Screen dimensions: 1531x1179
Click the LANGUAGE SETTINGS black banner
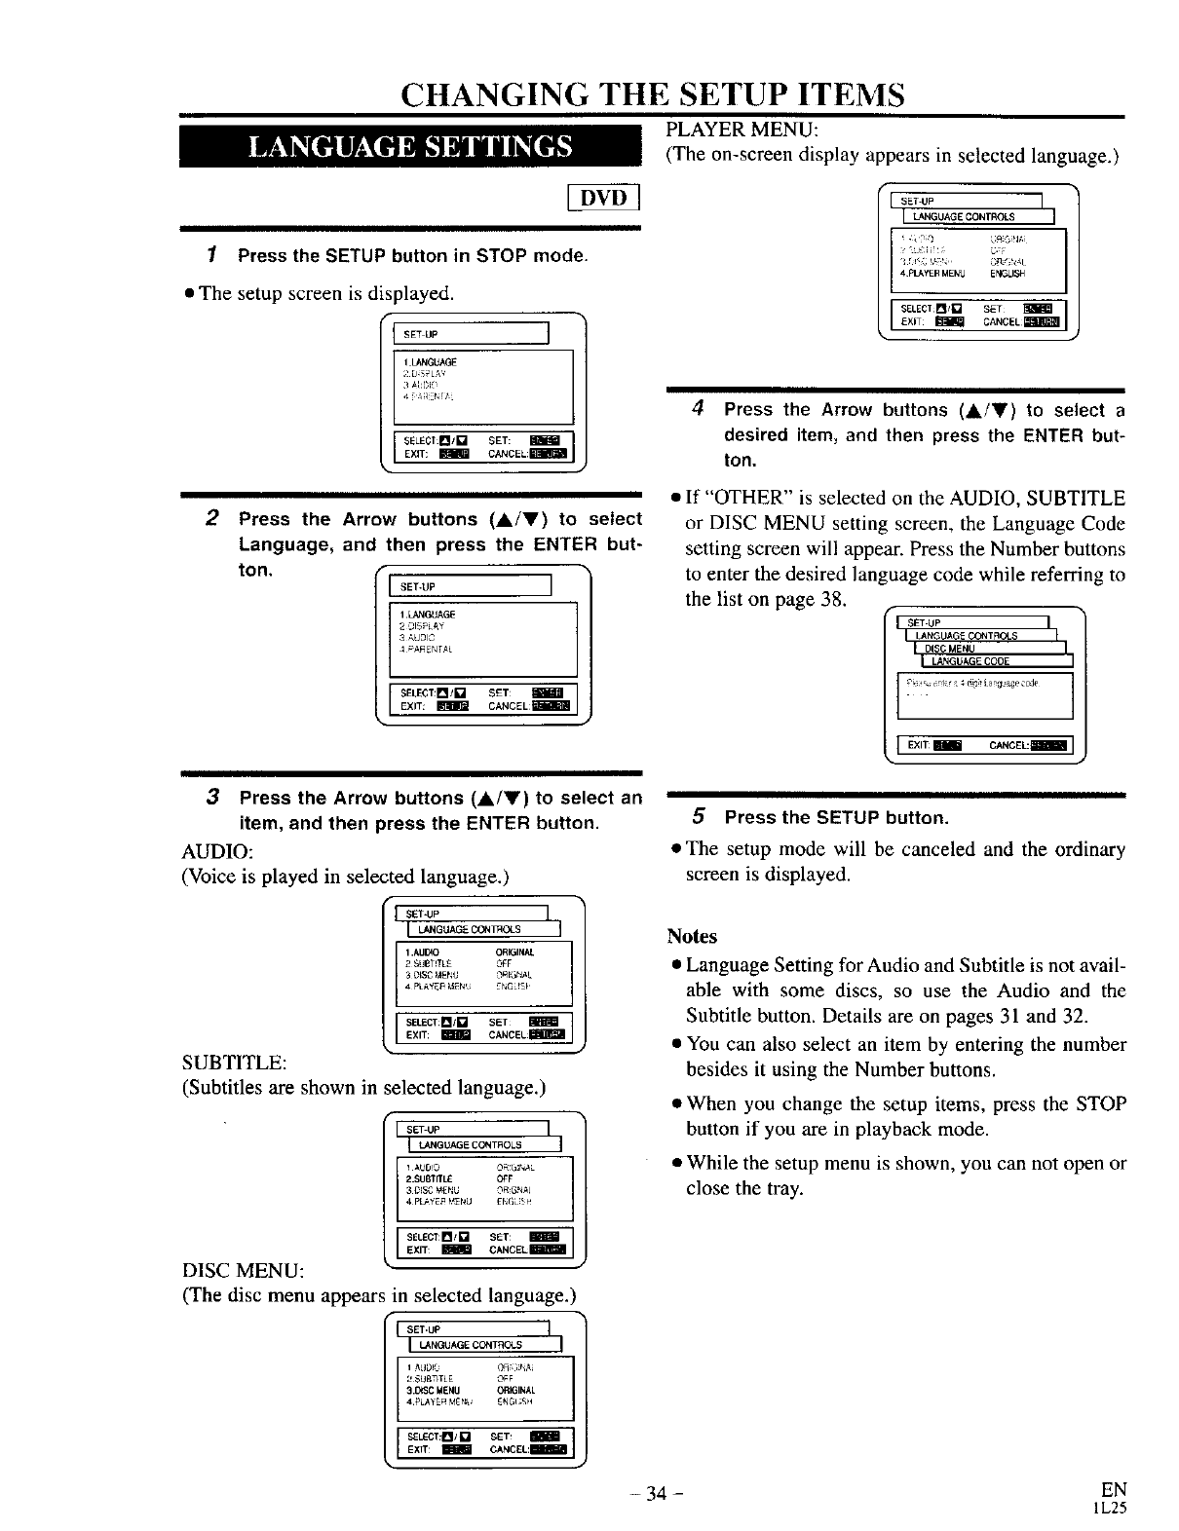click(x=409, y=146)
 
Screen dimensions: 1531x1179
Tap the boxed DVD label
click(x=601, y=199)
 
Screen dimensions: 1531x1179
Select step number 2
click(x=211, y=518)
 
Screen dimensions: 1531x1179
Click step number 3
click(x=211, y=797)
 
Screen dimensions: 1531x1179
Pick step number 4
click(x=698, y=409)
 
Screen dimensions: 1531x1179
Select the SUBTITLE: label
click(x=234, y=1061)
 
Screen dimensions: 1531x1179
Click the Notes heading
click(x=692, y=936)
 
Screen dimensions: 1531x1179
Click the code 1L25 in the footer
click(x=1110, y=1508)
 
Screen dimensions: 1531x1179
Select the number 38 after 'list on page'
click(x=831, y=598)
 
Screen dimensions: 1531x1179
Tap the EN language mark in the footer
click(x=1113, y=1489)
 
